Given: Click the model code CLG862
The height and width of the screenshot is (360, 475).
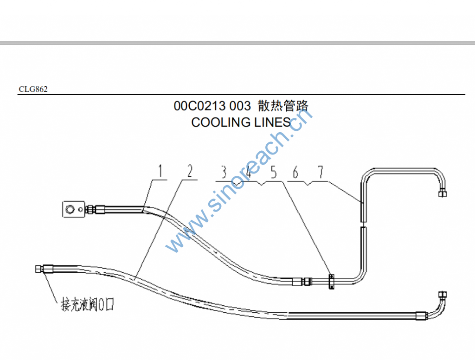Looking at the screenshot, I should [33, 90].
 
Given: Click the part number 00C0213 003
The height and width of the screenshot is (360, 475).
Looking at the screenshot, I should [212, 106].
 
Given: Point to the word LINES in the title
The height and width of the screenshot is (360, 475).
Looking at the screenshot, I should [272, 122].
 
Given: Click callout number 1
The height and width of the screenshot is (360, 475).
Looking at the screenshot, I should [160, 172].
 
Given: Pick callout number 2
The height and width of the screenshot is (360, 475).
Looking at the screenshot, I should [189, 172].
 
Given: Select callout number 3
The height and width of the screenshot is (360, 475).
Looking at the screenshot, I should [224, 173].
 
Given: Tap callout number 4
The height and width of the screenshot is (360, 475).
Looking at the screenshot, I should [249, 173].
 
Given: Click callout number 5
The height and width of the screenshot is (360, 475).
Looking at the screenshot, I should [273, 173].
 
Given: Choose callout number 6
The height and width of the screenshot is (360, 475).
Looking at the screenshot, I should [295, 173].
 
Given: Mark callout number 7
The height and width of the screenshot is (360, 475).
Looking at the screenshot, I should [321, 173].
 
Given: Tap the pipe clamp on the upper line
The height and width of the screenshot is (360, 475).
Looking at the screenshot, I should [332, 281].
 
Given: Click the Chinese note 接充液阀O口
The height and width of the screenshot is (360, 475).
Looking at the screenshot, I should [88, 305].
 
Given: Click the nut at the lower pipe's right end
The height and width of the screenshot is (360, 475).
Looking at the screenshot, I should [443, 295].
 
